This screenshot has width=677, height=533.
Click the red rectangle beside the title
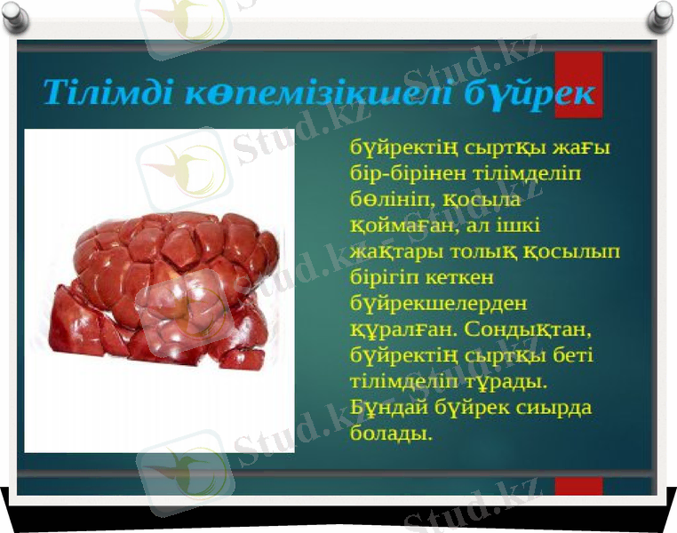click(x=578, y=84)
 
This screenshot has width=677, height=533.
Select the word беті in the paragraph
click(x=573, y=355)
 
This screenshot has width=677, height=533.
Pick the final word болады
click(x=390, y=434)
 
